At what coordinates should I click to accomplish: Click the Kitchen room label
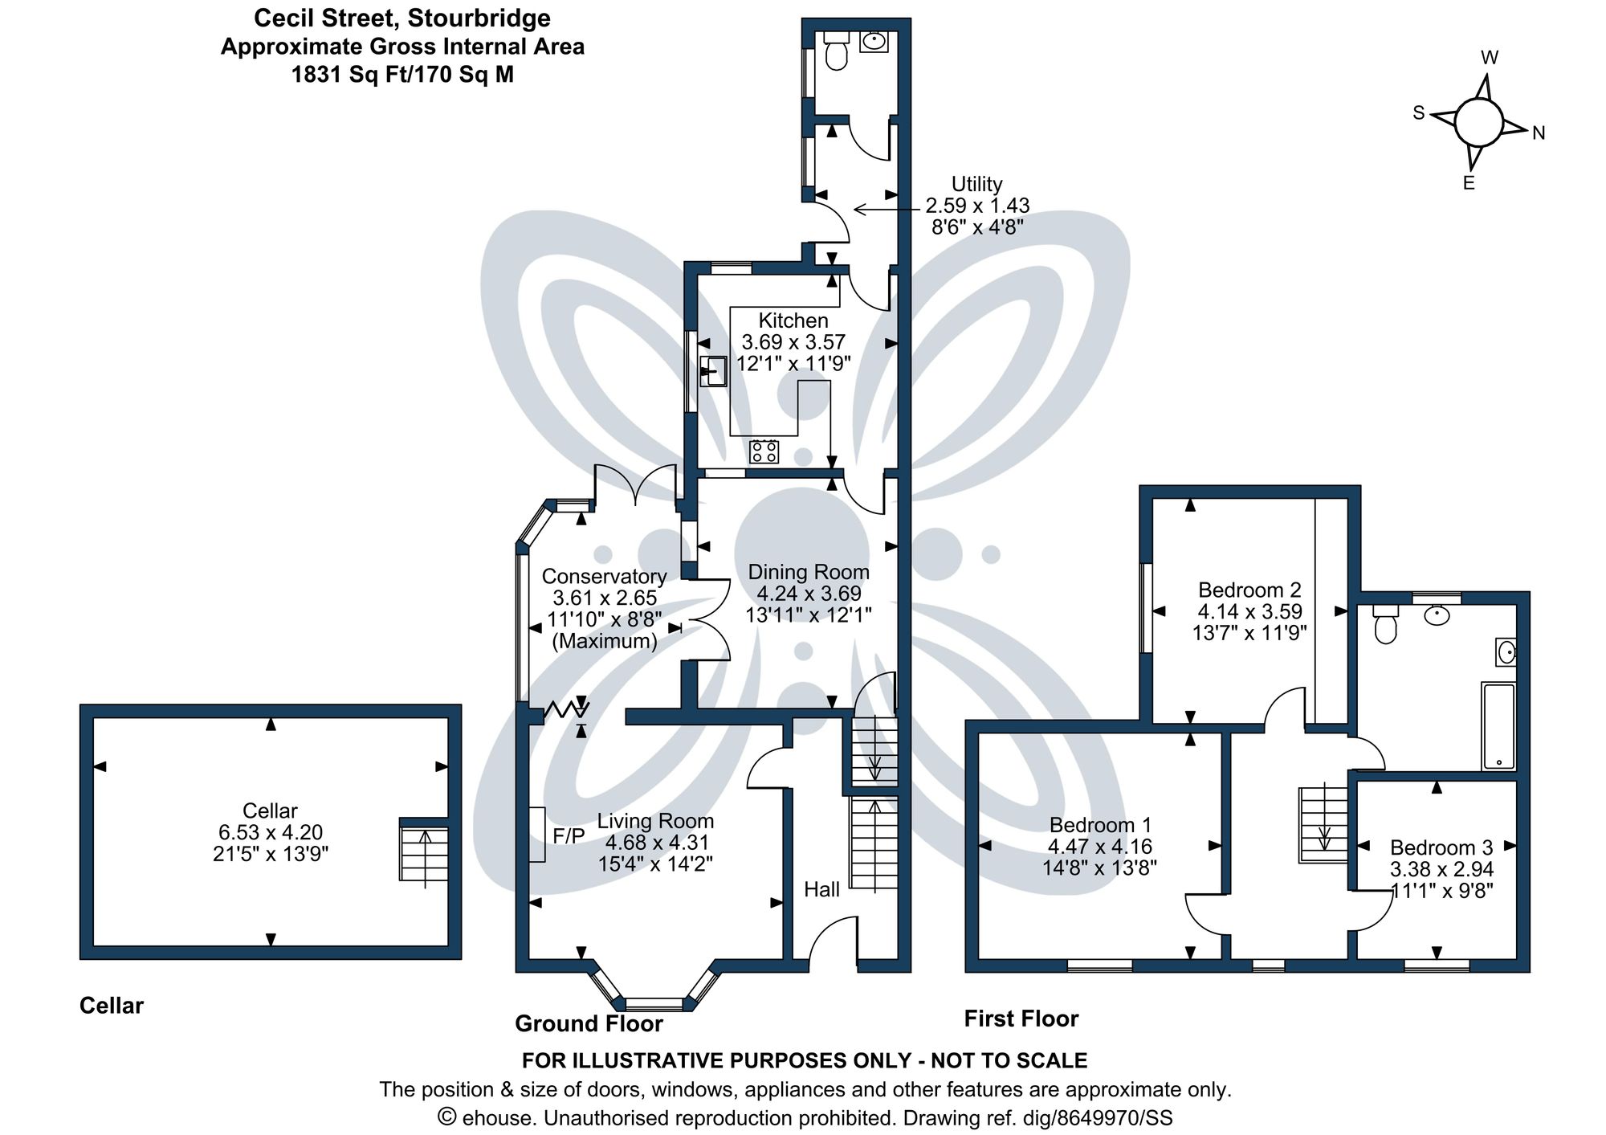tap(793, 320)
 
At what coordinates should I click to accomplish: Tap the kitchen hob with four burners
tap(764, 451)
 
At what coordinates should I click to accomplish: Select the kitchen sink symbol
tap(712, 372)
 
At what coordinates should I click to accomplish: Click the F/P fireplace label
tap(569, 836)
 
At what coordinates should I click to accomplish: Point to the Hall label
tap(821, 889)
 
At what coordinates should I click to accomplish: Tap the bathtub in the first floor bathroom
tap(1498, 726)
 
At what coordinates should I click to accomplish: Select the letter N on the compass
tap(1539, 133)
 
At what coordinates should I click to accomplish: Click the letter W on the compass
tap(1490, 58)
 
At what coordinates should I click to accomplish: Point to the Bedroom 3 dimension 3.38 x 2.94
tap(1441, 869)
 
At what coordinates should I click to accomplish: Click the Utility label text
tap(976, 184)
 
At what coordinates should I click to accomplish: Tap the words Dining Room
tap(809, 572)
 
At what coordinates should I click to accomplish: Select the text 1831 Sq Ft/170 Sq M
tap(402, 75)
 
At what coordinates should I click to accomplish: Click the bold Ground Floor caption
tap(589, 1023)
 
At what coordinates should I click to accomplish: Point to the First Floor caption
tap(1021, 1019)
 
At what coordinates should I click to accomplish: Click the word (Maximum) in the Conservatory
tap(604, 641)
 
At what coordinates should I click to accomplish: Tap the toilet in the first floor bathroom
tap(1385, 625)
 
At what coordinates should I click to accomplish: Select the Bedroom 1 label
tap(1100, 825)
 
